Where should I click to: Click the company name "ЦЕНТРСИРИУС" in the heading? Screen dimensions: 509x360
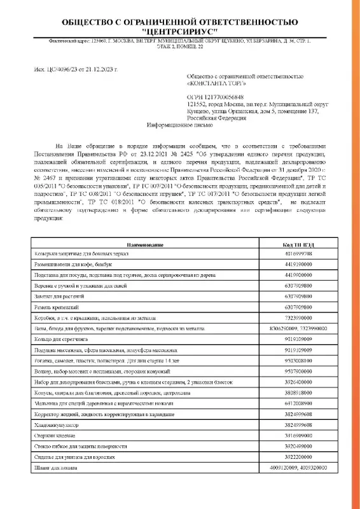pos(179,31)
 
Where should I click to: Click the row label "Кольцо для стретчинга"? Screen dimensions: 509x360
pos(61,340)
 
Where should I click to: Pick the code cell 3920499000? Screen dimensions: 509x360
pos(296,446)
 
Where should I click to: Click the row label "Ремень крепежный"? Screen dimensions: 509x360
pos(55,307)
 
